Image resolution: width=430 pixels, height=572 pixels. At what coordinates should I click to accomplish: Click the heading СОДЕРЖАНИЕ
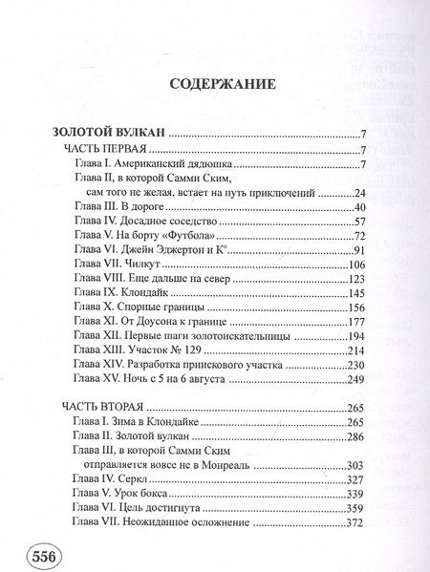coord(222,85)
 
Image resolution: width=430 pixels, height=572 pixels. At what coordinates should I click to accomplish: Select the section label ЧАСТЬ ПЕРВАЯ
coord(104,151)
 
